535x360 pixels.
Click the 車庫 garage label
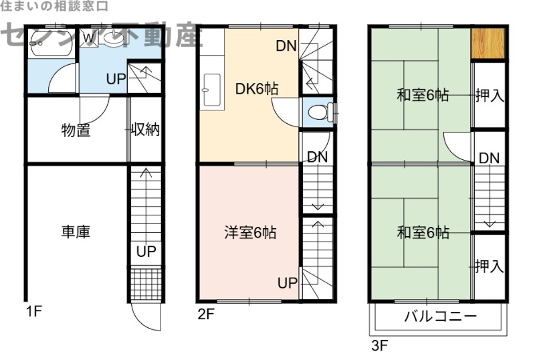(76, 232)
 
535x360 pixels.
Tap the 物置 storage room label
(76, 130)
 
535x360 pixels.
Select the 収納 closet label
(145, 130)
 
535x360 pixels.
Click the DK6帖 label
(257, 88)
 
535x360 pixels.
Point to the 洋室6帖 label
(250, 233)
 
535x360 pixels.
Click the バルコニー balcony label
(440, 317)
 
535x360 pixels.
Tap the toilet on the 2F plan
(319, 112)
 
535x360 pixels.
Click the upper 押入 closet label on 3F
(489, 96)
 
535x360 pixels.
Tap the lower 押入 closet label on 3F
(489, 266)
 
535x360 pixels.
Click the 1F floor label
(34, 310)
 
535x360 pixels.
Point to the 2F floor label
(205, 314)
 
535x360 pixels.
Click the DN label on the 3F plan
(489, 158)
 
